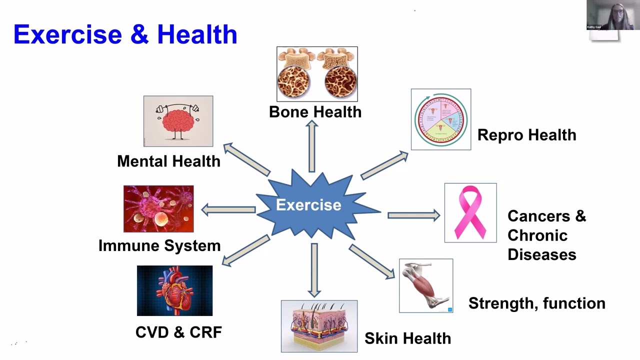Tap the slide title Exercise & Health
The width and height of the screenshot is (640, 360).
[x=125, y=34]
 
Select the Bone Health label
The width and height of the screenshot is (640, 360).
[x=315, y=111]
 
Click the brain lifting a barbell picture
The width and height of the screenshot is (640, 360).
[x=178, y=121]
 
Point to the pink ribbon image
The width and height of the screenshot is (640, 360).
[x=470, y=213]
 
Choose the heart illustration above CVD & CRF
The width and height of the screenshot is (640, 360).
[x=174, y=290]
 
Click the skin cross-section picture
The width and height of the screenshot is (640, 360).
[x=319, y=326]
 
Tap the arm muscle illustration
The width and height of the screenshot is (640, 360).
[x=426, y=285]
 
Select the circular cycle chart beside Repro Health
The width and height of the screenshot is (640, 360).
[x=440, y=119]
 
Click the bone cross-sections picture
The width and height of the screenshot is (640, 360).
[x=317, y=74]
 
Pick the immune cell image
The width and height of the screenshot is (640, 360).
[x=158, y=209]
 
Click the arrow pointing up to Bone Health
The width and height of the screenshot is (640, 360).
[x=312, y=146]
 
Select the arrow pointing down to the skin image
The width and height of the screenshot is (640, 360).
[x=314, y=269]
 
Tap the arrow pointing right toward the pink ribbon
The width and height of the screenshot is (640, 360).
[x=413, y=215]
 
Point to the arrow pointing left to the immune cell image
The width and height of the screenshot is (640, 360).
[x=228, y=210]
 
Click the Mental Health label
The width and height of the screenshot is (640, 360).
[x=168, y=161]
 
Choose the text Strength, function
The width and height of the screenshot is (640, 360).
[x=536, y=303]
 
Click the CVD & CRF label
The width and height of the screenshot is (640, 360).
[x=178, y=332]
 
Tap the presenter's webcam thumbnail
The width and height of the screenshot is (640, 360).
[x=610, y=15]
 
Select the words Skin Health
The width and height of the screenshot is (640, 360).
[x=407, y=338]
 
